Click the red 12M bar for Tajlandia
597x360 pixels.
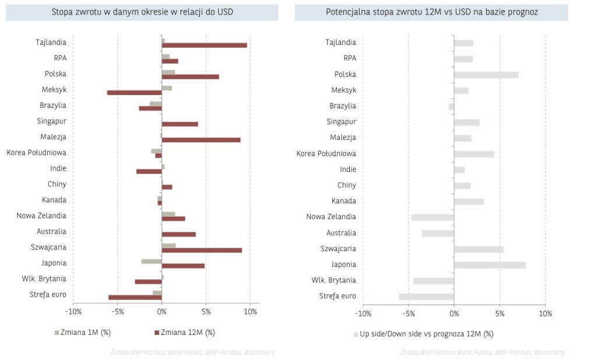(204, 45)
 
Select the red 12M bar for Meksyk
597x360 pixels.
(134, 92)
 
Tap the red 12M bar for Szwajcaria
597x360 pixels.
(202, 250)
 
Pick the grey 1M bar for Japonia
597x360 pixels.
(152, 261)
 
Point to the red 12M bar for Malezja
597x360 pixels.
(201, 140)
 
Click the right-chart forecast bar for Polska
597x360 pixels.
(486, 75)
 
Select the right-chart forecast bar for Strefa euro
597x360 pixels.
(426, 297)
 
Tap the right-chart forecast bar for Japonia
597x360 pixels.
(490, 265)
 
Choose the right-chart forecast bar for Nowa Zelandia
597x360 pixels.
(433, 217)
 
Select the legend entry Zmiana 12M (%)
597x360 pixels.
(185, 333)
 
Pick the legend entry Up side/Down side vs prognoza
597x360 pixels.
(423, 334)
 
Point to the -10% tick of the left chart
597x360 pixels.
(73, 312)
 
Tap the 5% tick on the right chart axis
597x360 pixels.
(500, 314)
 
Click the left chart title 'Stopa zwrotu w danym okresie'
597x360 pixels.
(142, 12)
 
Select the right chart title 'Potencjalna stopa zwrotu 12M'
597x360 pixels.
(431, 12)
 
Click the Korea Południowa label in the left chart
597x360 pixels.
(36, 153)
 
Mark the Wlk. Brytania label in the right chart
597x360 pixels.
(333, 280)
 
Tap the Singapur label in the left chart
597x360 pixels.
(51, 121)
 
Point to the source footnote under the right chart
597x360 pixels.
(483, 352)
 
